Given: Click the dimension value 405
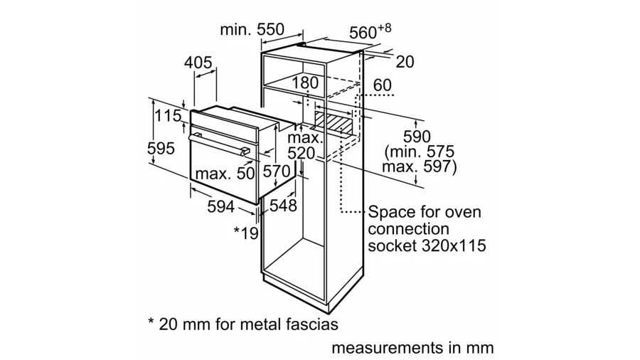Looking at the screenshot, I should click(x=198, y=63).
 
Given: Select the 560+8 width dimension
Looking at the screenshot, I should click(x=370, y=31).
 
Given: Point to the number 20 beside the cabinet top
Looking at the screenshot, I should click(x=404, y=62).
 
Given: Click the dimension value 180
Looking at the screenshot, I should click(x=305, y=83).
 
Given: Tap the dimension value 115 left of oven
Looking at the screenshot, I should click(x=169, y=116).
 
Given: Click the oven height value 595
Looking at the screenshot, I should click(x=161, y=149).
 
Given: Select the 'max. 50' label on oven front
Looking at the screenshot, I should click(x=225, y=173).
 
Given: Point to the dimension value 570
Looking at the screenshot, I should click(x=276, y=171).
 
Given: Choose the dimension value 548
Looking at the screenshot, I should click(x=282, y=206).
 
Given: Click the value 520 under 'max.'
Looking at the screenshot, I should click(x=301, y=154).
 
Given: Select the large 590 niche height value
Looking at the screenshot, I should click(x=417, y=136).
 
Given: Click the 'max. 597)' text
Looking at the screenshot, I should click(x=419, y=167).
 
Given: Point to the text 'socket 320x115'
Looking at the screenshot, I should click(x=427, y=246).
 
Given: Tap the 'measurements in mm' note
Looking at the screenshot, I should click(x=412, y=349).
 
